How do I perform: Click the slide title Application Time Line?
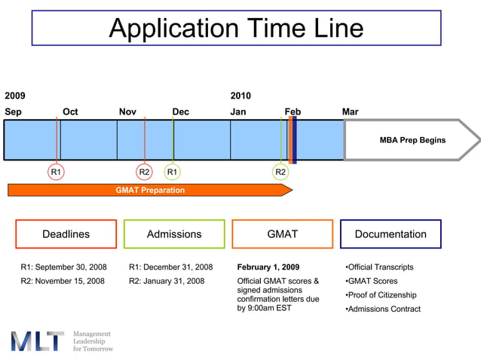pos(236,29)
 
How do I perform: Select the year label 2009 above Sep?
pos(15,96)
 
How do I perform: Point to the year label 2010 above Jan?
pos(240,96)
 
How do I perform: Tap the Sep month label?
pos(14,112)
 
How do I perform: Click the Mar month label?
pos(350,112)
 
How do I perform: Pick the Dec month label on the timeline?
pos(181,112)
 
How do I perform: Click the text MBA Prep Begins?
pos(412,140)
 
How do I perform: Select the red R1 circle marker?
pos(56,172)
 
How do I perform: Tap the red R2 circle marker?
pos(145,172)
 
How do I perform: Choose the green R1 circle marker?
pos(173,172)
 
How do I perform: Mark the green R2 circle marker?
pos(280,172)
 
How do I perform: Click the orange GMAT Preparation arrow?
pos(150,191)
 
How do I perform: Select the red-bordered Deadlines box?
pos(66,234)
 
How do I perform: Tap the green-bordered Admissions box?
pos(174,234)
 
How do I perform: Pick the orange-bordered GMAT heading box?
pos(283,234)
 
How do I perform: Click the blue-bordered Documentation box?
pos(391,234)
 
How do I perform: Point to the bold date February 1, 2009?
pos(268,267)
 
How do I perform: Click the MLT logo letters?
pos(37,341)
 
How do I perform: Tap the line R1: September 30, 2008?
pos(63,267)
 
